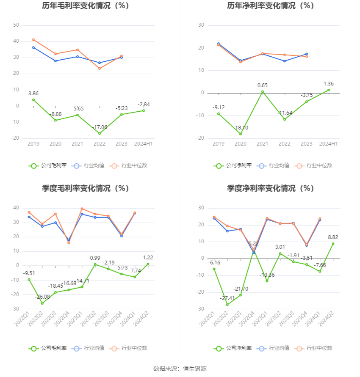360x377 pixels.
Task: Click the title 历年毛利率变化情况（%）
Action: tap(86, 6)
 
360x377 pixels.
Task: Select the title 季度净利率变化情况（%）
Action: tap(270, 188)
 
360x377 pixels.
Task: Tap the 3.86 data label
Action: tap(33, 93)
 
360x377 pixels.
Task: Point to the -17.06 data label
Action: tap(100, 127)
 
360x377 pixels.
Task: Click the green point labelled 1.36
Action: tap(329, 90)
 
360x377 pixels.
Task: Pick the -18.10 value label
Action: tap(241, 127)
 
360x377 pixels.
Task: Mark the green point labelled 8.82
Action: tap(333, 244)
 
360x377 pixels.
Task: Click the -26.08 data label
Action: tap(42, 297)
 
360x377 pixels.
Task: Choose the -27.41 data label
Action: tap(227, 298)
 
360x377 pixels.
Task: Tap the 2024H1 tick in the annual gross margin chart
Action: tap(144, 144)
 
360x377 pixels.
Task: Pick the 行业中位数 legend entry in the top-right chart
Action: tap(314, 165)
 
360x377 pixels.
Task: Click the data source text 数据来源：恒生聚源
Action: tap(180, 369)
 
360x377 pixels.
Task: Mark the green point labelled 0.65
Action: tap(263, 92)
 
